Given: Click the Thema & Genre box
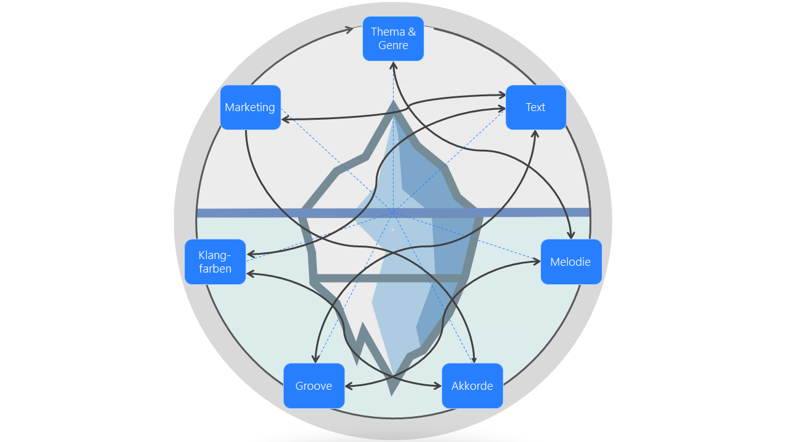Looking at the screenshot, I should pos(393,39).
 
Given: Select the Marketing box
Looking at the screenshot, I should pos(250,107).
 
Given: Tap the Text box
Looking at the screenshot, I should pos(535,107).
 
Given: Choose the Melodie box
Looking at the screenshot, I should pos(570,262).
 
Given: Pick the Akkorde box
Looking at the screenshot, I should pos(472,386).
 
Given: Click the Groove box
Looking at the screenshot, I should pos(314,386).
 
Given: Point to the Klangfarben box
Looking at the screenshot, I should pos(215,262).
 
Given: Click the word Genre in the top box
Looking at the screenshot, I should pos(393,45).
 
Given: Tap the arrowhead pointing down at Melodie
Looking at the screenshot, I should pos(571,235).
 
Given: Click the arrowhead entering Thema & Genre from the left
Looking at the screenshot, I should pos(351,29).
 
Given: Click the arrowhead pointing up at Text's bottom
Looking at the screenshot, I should pos(535,133).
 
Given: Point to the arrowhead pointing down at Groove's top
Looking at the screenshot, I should pos(315,359).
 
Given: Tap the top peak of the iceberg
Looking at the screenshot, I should pos(393,102).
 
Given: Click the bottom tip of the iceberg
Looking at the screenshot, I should pos(392,394).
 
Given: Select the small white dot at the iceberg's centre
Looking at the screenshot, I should pos(393,230).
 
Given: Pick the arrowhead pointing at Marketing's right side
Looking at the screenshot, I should pos(285,118).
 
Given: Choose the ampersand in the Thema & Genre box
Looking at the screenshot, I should pos(411,32).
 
